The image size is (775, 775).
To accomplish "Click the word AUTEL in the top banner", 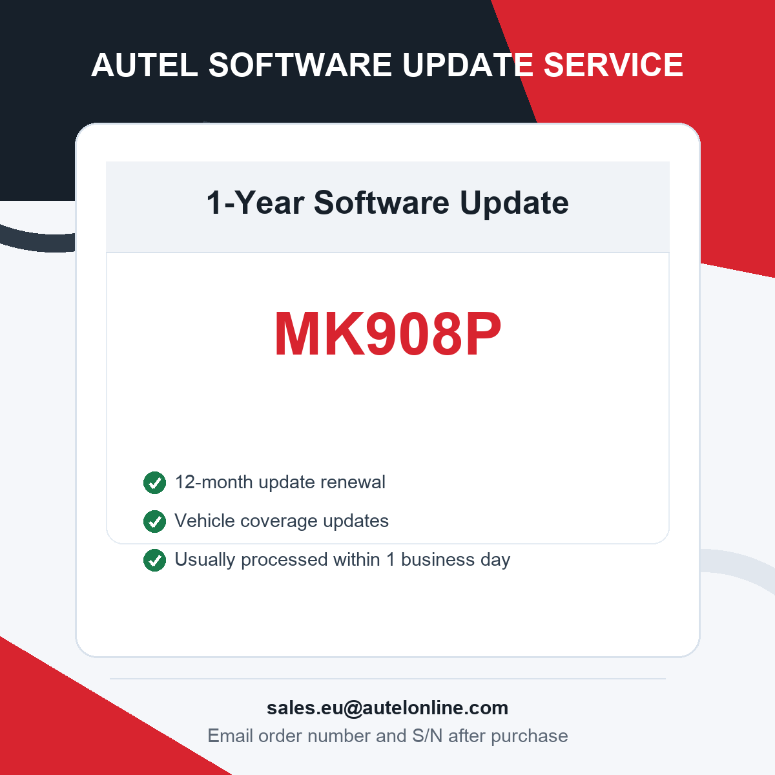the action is tap(145, 65).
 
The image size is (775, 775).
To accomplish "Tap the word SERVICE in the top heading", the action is tap(614, 65).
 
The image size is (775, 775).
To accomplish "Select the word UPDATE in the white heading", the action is tap(468, 65).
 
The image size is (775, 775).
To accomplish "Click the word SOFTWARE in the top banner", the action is tap(300, 65).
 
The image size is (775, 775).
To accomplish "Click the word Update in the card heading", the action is tap(514, 203).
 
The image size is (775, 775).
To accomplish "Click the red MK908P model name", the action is tap(387, 334).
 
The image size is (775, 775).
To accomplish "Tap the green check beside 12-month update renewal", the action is tap(154, 482).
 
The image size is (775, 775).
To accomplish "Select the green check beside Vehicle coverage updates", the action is tap(154, 521).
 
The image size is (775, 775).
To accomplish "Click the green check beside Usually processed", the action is tap(154, 560).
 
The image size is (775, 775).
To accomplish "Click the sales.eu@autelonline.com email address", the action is tap(387, 708).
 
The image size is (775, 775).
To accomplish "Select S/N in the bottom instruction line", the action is tap(427, 736).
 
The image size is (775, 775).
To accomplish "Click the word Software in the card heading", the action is tap(381, 203).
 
